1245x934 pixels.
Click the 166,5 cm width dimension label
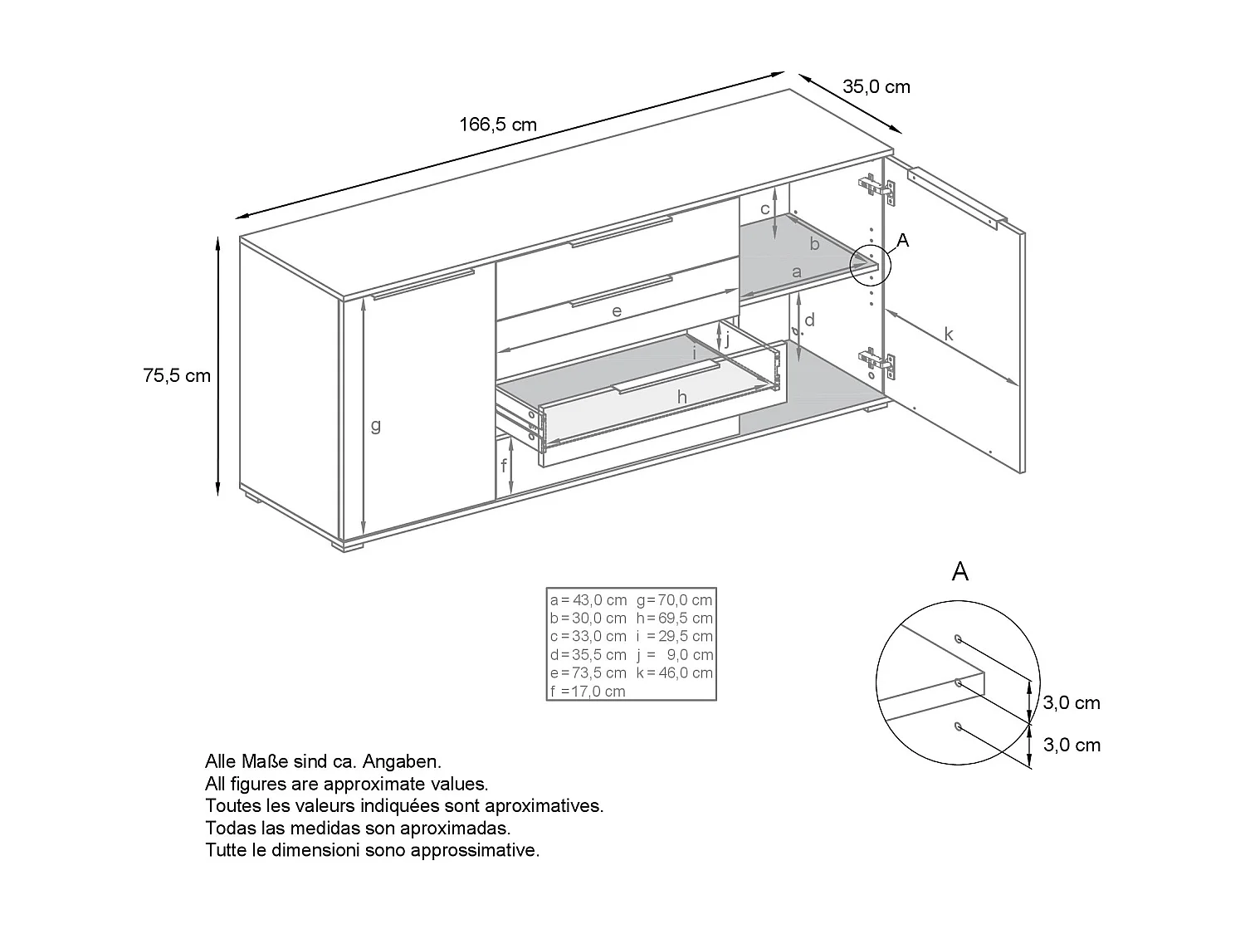(498, 125)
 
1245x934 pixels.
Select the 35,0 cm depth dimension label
(876, 86)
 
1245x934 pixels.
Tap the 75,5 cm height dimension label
(177, 375)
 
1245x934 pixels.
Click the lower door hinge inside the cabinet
(876, 362)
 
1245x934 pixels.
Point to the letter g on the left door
(375, 425)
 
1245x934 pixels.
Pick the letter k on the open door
(948, 335)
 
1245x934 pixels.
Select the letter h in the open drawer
(682, 398)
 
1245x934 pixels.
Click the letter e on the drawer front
(617, 311)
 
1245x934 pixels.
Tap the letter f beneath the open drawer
(503, 466)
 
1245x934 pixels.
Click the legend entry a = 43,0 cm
(588, 599)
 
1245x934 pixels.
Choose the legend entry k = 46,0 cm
(675, 672)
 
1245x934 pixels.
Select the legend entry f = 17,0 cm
(588, 691)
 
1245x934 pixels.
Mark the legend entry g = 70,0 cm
(675, 599)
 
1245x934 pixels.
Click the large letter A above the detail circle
(959, 571)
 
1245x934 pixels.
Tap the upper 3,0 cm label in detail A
(1072, 702)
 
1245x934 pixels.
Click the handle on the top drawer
(621, 232)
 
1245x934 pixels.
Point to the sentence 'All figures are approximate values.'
(346, 783)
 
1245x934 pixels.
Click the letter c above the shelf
(765, 209)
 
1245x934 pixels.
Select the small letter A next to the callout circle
(903, 240)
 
